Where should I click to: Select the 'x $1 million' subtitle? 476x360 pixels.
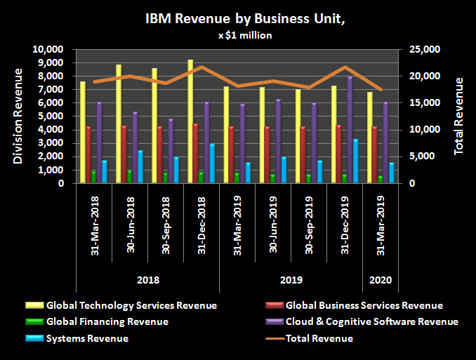[237, 35]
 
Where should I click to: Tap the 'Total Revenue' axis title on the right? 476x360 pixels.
[458, 116]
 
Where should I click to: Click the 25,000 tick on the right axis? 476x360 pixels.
[420, 49]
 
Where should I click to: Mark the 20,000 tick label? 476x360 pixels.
[420, 76]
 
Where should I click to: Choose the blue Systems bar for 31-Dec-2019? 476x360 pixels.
[356, 161]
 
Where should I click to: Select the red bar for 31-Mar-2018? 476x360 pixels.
[88, 154]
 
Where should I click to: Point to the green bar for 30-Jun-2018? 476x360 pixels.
[130, 176]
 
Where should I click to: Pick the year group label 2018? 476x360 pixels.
[147, 280]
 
